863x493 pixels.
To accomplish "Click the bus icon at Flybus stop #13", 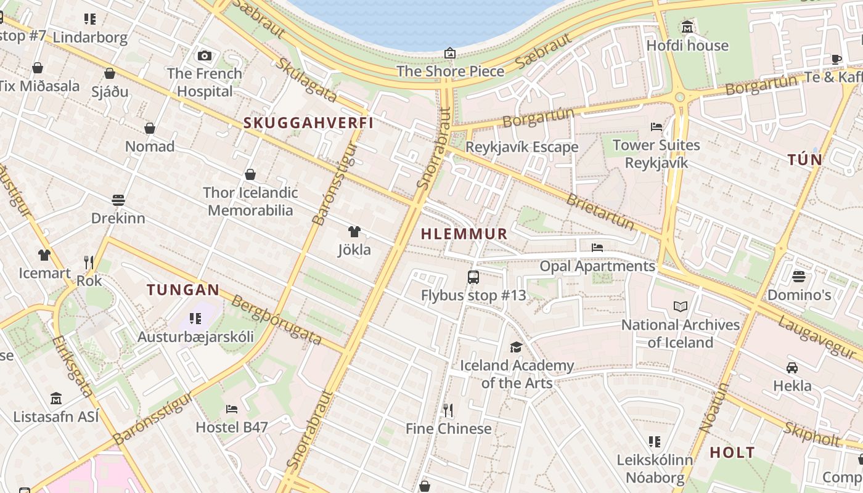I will (x=473, y=277).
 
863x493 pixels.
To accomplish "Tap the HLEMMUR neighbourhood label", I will (x=464, y=234).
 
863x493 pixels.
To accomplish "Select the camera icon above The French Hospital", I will (x=205, y=55).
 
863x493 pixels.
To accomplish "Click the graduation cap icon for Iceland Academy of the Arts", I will (x=516, y=347).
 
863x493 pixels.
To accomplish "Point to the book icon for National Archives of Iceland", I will (x=681, y=306).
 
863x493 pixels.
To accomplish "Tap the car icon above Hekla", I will (x=792, y=368).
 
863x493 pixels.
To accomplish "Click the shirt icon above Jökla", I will (x=354, y=232).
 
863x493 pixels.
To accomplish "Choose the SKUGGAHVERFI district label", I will (x=309, y=123).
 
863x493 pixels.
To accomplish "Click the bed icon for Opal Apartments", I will (x=597, y=248).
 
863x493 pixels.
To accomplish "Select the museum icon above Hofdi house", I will (x=687, y=27).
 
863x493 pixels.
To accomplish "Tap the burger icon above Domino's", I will (x=799, y=276).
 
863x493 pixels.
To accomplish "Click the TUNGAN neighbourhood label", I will (x=183, y=290).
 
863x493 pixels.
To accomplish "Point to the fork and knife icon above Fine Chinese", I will (x=448, y=410).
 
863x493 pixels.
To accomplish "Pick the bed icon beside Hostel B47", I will (x=232, y=409).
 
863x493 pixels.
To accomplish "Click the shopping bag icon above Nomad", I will (x=150, y=128).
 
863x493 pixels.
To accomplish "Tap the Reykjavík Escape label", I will (x=521, y=147).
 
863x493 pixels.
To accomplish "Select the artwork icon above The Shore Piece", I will (x=450, y=53).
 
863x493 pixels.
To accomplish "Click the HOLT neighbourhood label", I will (x=732, y=452).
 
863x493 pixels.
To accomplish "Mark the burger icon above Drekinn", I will (x=118, y=200).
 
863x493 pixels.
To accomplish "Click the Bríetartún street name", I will (x=600, y=211).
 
